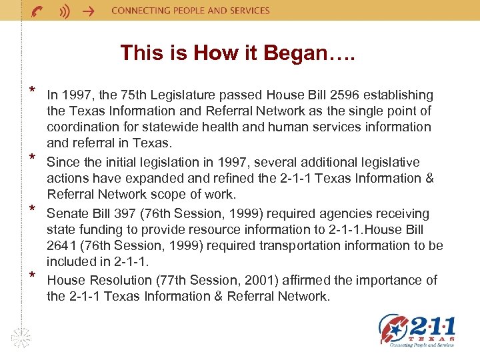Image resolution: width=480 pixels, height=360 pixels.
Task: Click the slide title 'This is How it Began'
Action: (238, 53)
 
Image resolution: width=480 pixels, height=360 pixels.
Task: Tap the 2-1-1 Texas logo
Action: (417, 331)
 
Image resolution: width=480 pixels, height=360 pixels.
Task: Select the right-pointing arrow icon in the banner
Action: (87, 11)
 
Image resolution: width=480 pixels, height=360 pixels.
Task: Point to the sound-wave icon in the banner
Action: (64, 11)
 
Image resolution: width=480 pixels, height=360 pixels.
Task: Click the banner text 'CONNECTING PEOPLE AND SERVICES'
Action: (190, 11)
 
